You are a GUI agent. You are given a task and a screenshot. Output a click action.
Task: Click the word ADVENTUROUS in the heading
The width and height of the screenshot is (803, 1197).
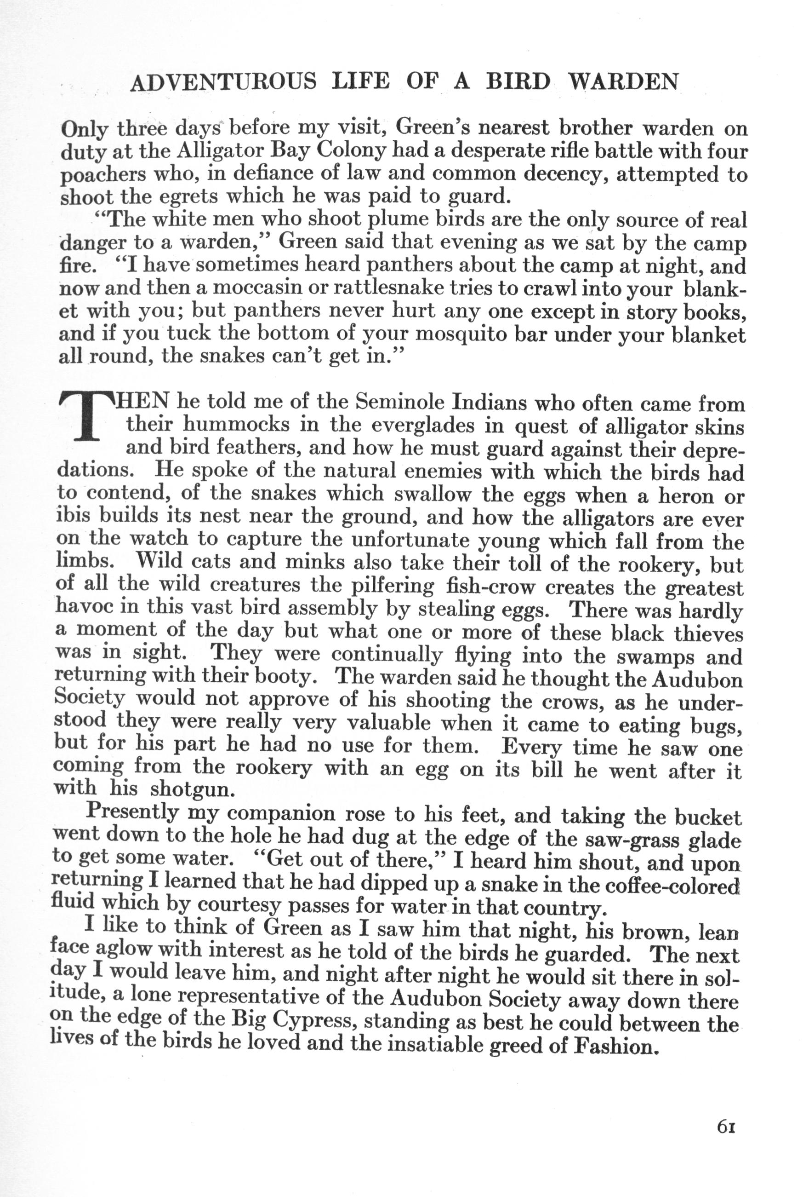tap(224, 82)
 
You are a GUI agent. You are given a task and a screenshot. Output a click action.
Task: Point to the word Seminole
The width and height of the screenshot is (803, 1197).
tap(399, 403)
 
